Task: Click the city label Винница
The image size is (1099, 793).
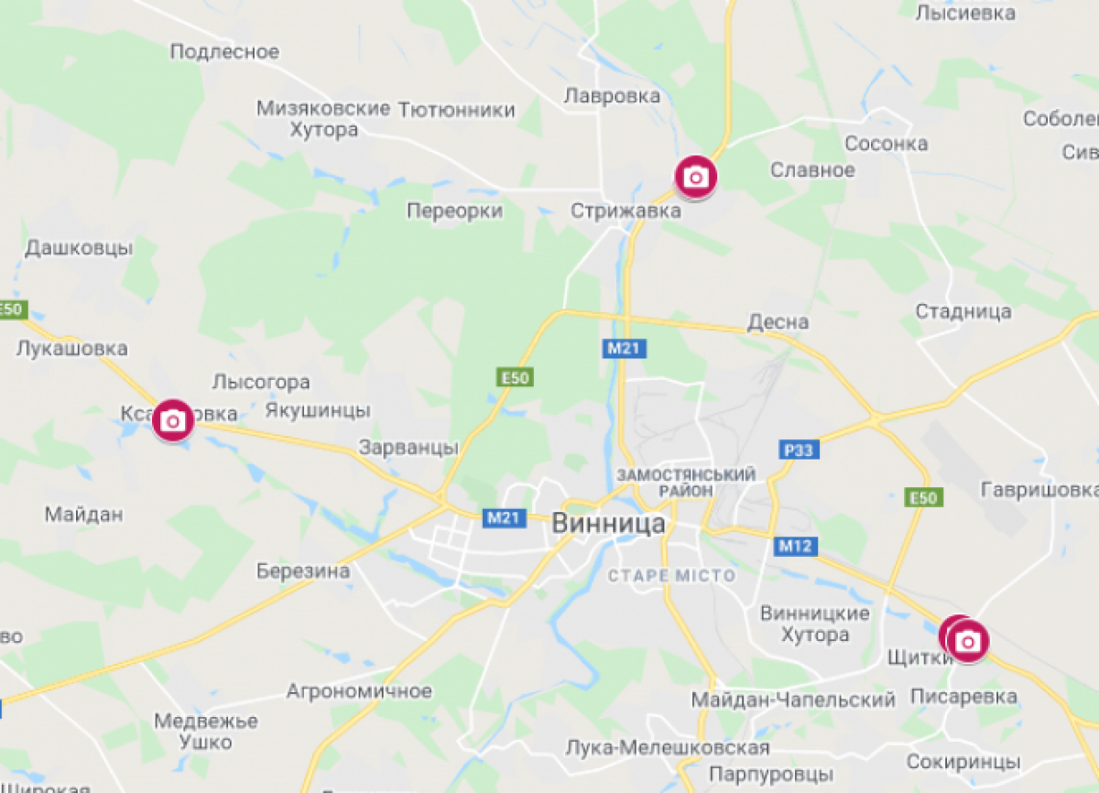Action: point(609,524)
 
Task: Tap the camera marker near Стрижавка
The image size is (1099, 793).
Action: point(696,177)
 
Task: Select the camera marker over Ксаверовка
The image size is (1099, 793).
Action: point(173,420)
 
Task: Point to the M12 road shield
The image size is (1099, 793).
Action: point(796,547)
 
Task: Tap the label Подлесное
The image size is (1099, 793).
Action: point(224,51)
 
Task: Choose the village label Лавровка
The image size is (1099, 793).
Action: point(613,95)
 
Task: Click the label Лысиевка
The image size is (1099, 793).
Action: point(965,13)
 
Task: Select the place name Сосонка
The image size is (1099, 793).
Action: point(886,143)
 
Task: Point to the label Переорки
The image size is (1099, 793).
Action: point(455,211)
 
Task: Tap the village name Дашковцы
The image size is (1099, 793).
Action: point(79,247)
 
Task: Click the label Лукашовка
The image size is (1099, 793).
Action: point(71,348)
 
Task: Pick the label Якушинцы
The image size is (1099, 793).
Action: point(317,409)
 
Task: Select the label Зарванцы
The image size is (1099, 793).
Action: point(408,448)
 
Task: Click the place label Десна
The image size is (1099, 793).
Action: point(778,321)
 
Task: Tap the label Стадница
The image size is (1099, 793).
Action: point(963,311)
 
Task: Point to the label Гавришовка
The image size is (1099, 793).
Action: point(1039,490)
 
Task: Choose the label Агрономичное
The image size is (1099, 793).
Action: point(359,690)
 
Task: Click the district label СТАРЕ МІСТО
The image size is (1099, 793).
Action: point(672,576)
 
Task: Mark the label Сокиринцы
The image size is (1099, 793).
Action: point(963,762)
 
